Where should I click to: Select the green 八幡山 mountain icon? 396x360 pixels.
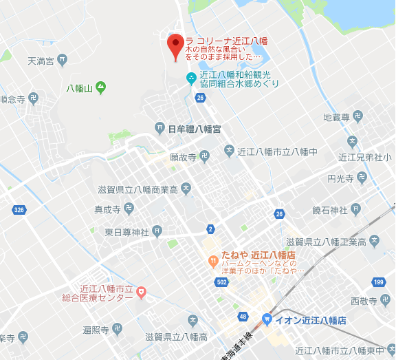(100, 87)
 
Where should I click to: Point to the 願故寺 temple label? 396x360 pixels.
(184, 157)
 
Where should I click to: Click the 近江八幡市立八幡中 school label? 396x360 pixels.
(276, 151)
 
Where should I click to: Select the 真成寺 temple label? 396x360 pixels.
(108, 209)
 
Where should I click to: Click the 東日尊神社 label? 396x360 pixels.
(128, 231)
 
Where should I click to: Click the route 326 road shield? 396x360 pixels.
(19, 209)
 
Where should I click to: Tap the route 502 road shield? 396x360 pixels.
(221, 282)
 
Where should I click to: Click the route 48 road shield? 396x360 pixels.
(242, 316)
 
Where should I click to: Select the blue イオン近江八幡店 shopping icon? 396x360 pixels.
(267, 320)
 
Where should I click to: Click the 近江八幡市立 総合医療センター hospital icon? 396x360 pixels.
(142, 293)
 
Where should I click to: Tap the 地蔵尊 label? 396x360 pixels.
(337, 117)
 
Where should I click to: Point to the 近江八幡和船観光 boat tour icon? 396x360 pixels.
(192, 77)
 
